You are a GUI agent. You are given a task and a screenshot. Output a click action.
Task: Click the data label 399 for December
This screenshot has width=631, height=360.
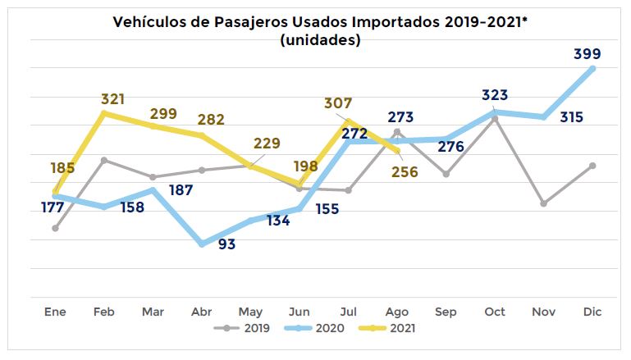click(587, 54)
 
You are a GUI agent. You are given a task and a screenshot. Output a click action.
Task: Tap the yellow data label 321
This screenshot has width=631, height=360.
click(112, 99)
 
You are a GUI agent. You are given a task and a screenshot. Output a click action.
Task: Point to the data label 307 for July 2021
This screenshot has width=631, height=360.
click(338, 104)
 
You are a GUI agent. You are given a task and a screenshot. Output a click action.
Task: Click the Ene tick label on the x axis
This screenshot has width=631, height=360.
click(55, 312)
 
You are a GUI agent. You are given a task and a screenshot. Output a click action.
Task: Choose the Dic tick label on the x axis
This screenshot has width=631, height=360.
click(593, 312)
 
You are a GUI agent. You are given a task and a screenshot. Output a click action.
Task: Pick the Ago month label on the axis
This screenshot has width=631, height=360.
click(397, 312)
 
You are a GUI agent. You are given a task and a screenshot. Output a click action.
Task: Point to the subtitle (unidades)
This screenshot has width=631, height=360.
click(319, 39)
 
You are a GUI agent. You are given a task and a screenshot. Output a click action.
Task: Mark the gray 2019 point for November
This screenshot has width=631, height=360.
click(543, 203)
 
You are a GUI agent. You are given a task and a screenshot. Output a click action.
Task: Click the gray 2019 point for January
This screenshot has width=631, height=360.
click(55, 228)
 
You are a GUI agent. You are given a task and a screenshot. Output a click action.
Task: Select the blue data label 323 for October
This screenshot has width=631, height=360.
click(496, 95)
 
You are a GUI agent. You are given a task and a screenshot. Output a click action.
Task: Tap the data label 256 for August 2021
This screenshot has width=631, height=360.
click(405, 172)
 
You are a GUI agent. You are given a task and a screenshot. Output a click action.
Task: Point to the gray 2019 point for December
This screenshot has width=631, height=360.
click(592, 166)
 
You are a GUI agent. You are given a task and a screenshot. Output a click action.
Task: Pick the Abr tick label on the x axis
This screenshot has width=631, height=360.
click(202, 312)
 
